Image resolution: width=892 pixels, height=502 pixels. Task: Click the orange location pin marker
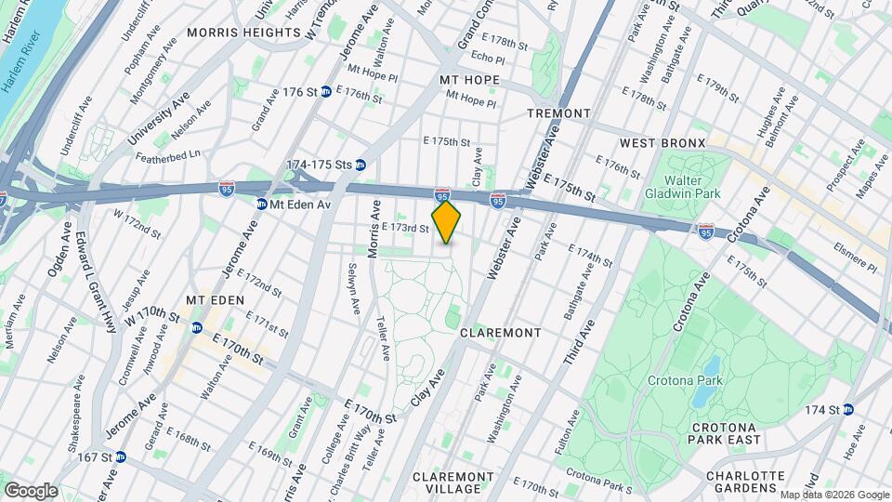446,221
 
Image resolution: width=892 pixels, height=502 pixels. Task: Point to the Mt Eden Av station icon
262,204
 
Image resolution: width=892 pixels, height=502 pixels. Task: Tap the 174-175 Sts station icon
361,165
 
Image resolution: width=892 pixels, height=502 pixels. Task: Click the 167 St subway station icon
120,456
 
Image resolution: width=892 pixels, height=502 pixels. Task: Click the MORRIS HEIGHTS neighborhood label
244,32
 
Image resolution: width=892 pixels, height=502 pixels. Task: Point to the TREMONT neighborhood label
558,113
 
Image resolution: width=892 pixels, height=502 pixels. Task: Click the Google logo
31,490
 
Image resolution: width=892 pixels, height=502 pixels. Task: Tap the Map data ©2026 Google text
833,495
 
